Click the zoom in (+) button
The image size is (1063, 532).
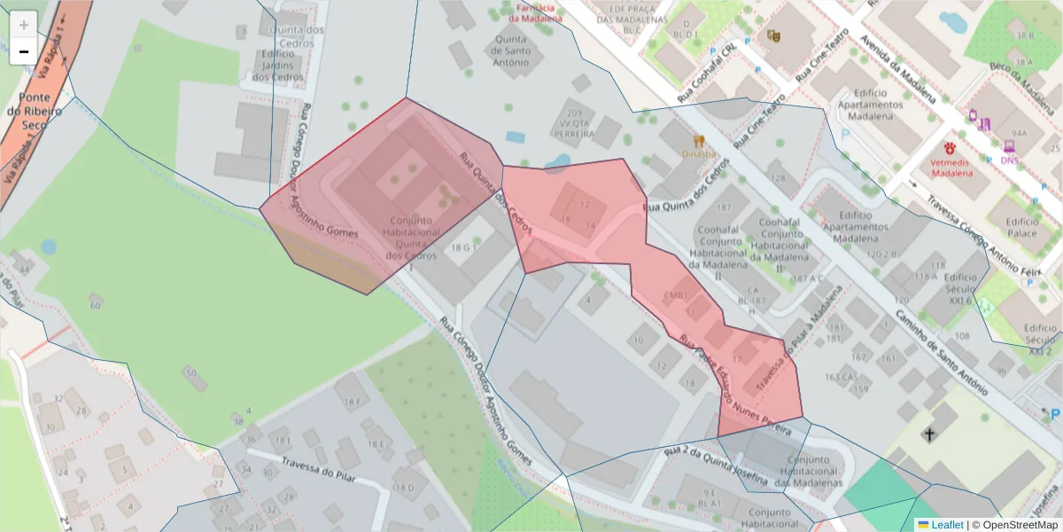tap(23, 25)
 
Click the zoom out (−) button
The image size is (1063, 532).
tap(23, 51)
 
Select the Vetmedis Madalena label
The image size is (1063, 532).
tap(950, 168)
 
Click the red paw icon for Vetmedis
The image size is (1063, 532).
tap(950, 147)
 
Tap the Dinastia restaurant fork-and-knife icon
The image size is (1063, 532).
tap(699, 140)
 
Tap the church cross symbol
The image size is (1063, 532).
tap(928, 434)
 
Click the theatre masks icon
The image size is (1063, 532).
tap(772, 36)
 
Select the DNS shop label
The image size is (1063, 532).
tap(1010, 160)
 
